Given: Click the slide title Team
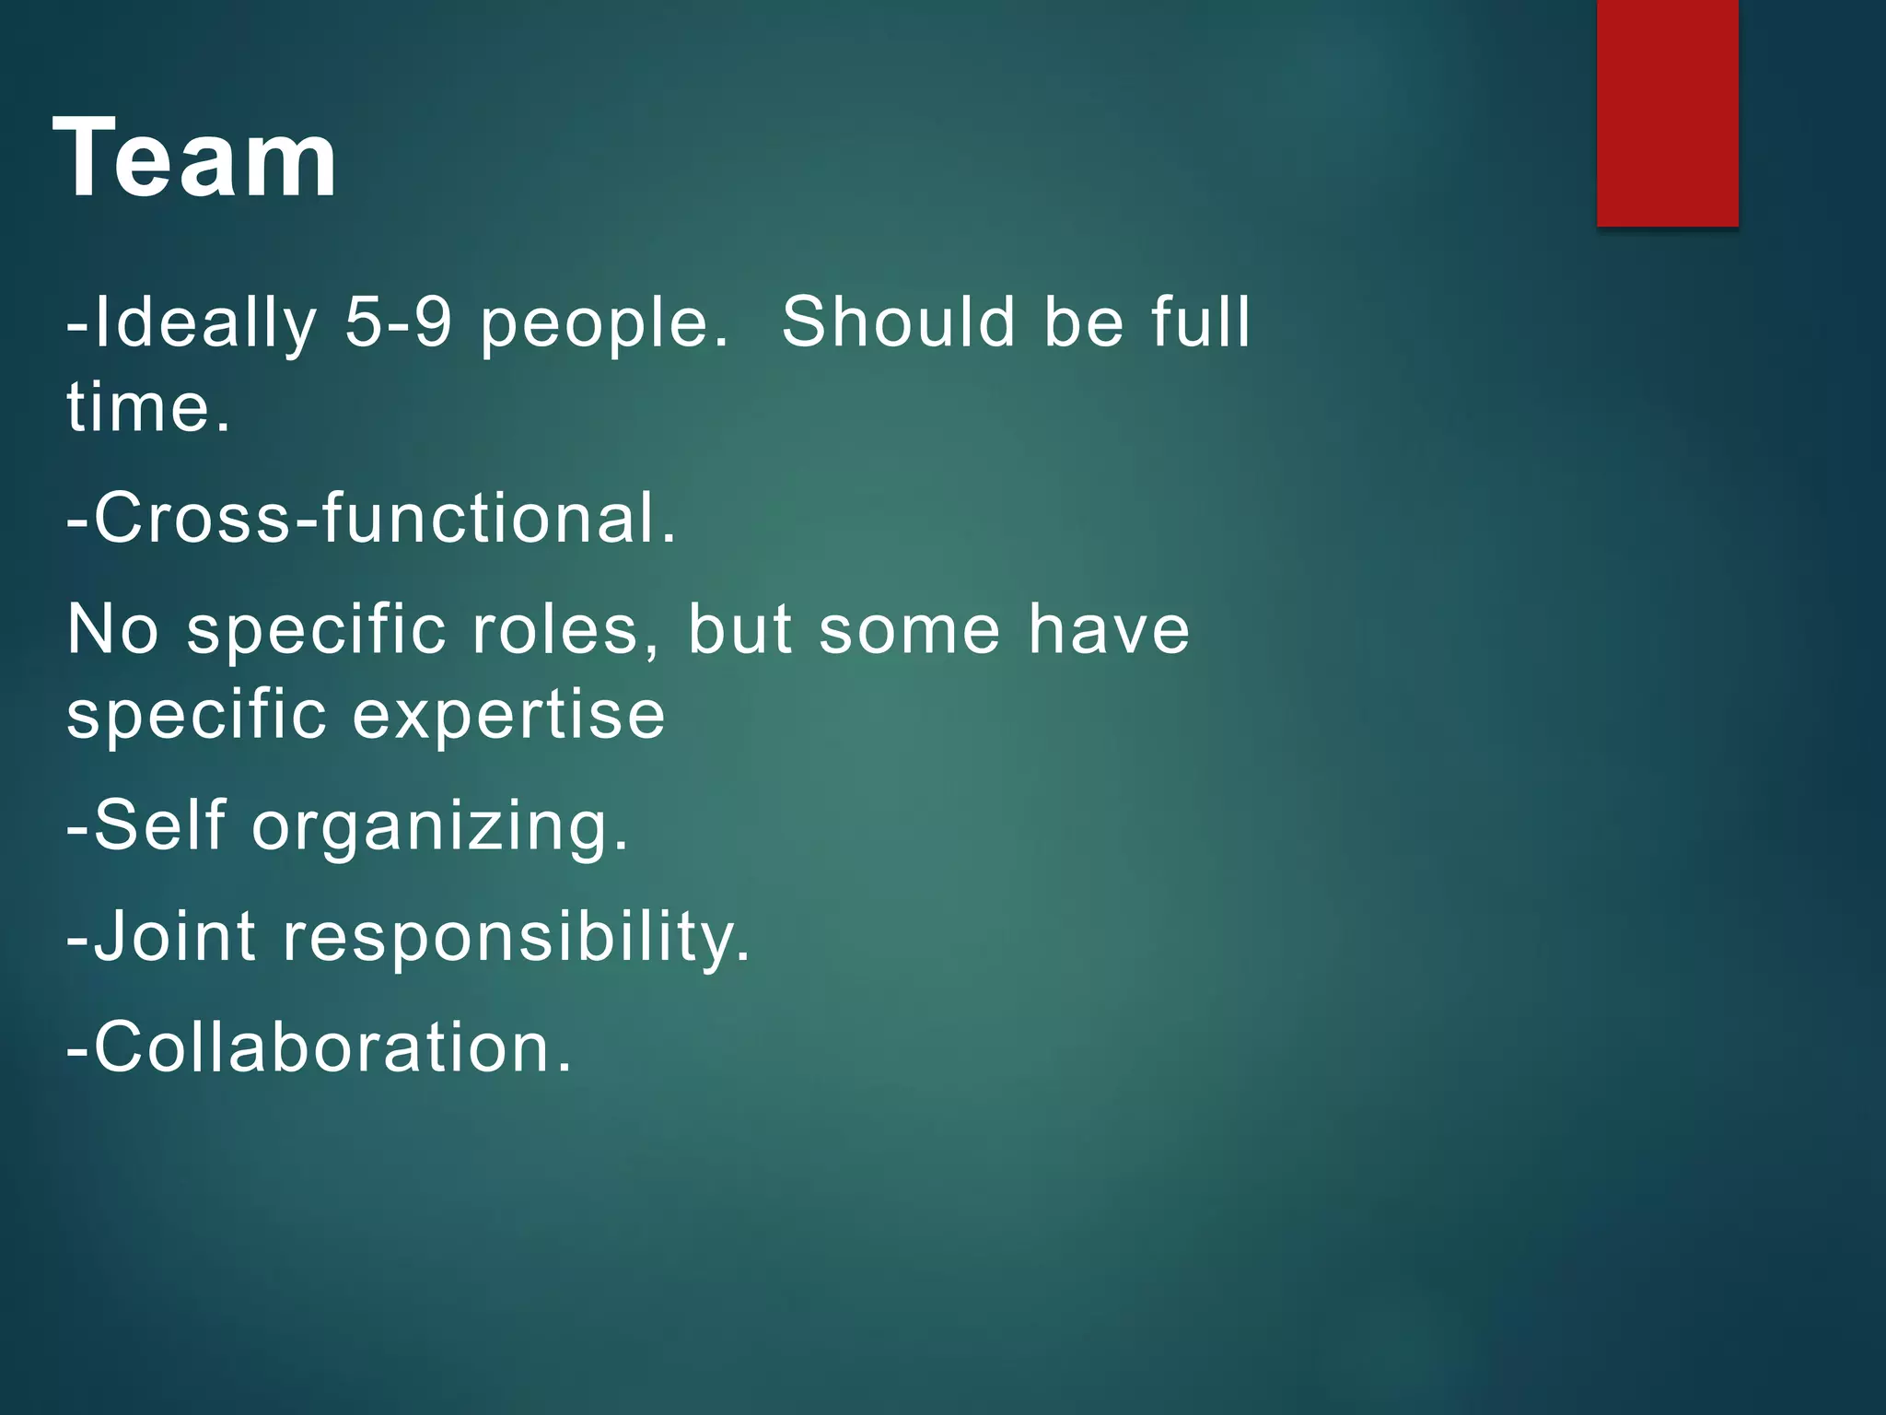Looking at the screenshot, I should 195,158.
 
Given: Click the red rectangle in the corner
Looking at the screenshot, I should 1667,112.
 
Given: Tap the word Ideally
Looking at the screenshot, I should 204,324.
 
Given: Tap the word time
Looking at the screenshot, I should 147,407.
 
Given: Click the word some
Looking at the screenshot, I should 909,632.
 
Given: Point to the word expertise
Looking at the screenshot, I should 508,717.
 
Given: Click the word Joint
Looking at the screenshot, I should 175,937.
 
